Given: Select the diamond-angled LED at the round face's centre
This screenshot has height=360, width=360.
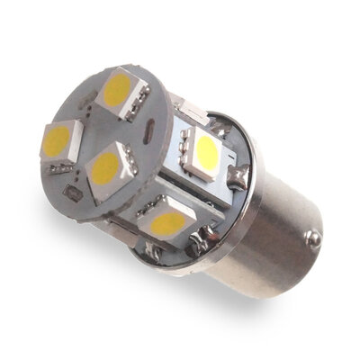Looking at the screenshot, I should click(x=109, y=167).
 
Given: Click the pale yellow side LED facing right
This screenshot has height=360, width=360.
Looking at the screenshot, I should click(x=205, y=155).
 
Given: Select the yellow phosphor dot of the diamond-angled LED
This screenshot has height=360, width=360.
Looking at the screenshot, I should click(x=107, y=167).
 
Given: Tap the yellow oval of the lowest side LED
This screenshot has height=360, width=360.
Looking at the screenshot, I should click(x=168, y=223).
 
